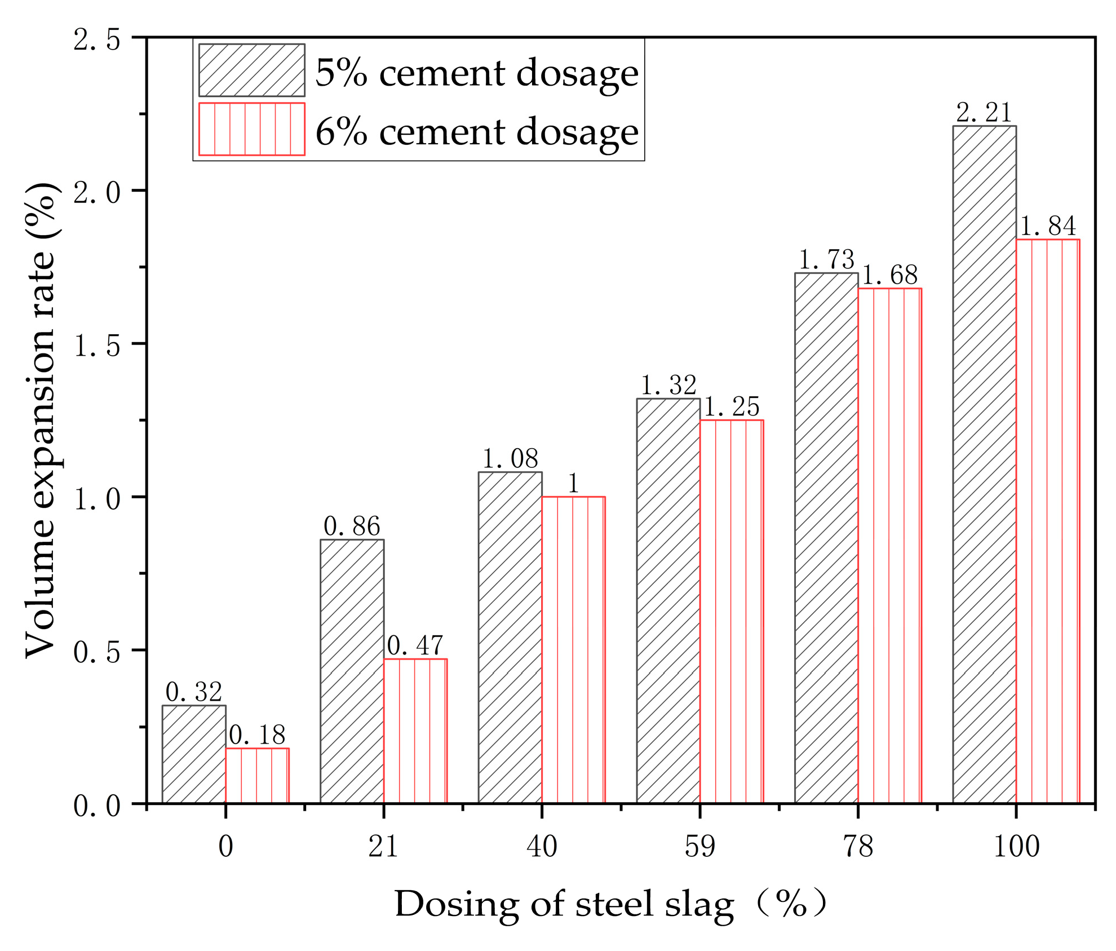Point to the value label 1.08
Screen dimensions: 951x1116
click(510, 459)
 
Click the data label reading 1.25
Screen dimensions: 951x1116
click(732, 406)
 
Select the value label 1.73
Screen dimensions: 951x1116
click(826, 260)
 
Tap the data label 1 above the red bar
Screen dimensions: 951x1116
click(573, 484)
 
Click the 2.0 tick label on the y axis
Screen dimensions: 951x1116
click(97, 193)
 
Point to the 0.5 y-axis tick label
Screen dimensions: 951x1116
click(97, 652)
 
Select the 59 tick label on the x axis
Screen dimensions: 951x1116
click(699, 846)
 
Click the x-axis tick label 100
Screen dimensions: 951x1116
click(1016, 846)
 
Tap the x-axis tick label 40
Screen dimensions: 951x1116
click(542, 846)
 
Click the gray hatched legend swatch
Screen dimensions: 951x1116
click(251, 70)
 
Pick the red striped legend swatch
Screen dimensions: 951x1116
click(251, 129)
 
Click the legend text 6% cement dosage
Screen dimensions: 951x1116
click(476, 131)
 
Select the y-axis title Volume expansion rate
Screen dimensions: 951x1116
click(41, 419)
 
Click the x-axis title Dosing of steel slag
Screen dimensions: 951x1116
click(564, 905)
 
